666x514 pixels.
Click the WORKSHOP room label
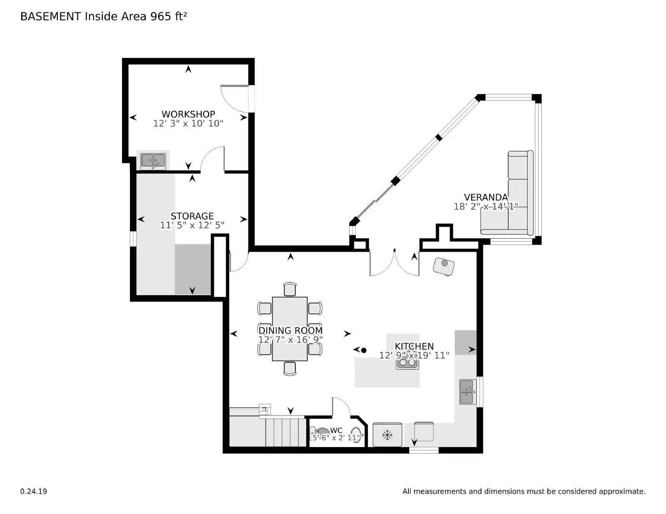188,114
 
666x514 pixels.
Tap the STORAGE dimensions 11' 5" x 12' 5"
192,225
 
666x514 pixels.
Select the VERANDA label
486,197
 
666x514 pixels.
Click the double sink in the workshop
153,161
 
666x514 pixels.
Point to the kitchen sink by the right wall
467,392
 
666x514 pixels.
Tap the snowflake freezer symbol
388,435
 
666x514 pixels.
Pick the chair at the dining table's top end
290,289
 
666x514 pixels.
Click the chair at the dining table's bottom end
290,368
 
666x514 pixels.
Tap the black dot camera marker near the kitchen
363,350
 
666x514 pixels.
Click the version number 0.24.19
34,491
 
